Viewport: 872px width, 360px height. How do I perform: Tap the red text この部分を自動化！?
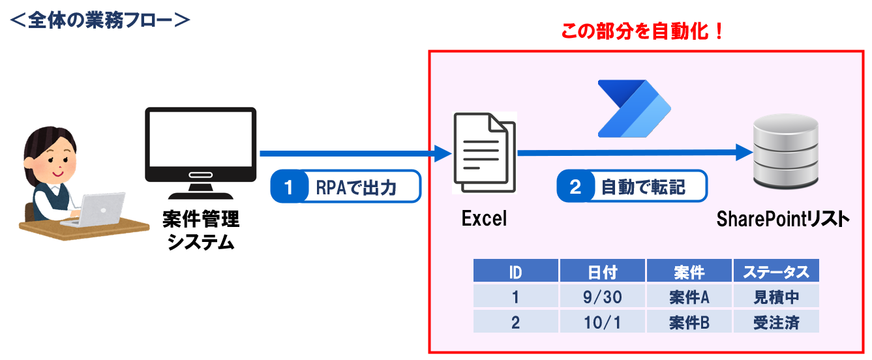click(x=642, y=33)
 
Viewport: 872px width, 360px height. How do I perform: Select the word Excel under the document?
click(x=484, y=218)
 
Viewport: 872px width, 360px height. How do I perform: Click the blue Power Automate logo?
click(x=635, y=109)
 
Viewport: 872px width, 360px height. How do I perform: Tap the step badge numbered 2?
click(x=575, y=187)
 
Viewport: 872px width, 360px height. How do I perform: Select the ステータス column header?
click(x=775, y=271)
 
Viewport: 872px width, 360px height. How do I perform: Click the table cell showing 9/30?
click(x=602, y=297)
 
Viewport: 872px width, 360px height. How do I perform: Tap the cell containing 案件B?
click(x=689, y=322)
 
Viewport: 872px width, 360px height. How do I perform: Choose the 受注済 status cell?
click(x=775, y=322)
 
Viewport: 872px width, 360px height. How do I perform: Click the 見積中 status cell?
click(x=775, y=297)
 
